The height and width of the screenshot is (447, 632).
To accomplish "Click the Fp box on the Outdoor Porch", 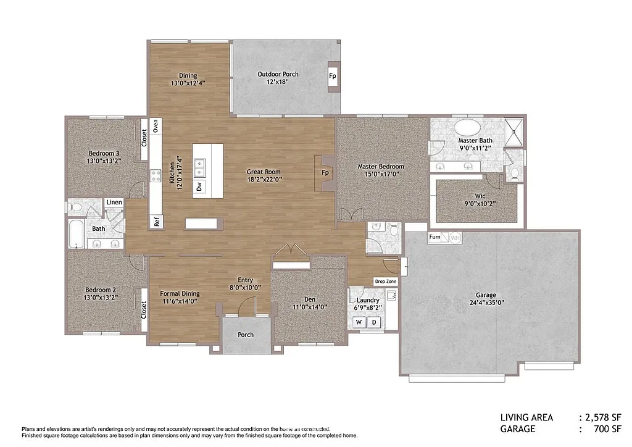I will pos(332,77).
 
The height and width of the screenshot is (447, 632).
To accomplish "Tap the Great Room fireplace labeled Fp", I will pos(325,172).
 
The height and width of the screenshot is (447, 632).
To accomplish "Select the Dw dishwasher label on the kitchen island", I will pos(199,186).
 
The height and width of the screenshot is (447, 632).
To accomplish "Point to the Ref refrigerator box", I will pos(157,222).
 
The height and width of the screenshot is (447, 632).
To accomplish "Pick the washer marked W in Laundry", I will pos(358,322).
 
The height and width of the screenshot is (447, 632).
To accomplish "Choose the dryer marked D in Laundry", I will pos(373,322).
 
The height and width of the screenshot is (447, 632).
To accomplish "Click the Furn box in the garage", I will pos(435,237).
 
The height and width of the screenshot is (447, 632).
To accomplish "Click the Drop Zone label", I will pos(386,282).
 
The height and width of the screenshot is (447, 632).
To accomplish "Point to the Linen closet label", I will pos(114,203).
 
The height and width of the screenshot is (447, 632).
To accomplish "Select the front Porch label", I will pos(246,335).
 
